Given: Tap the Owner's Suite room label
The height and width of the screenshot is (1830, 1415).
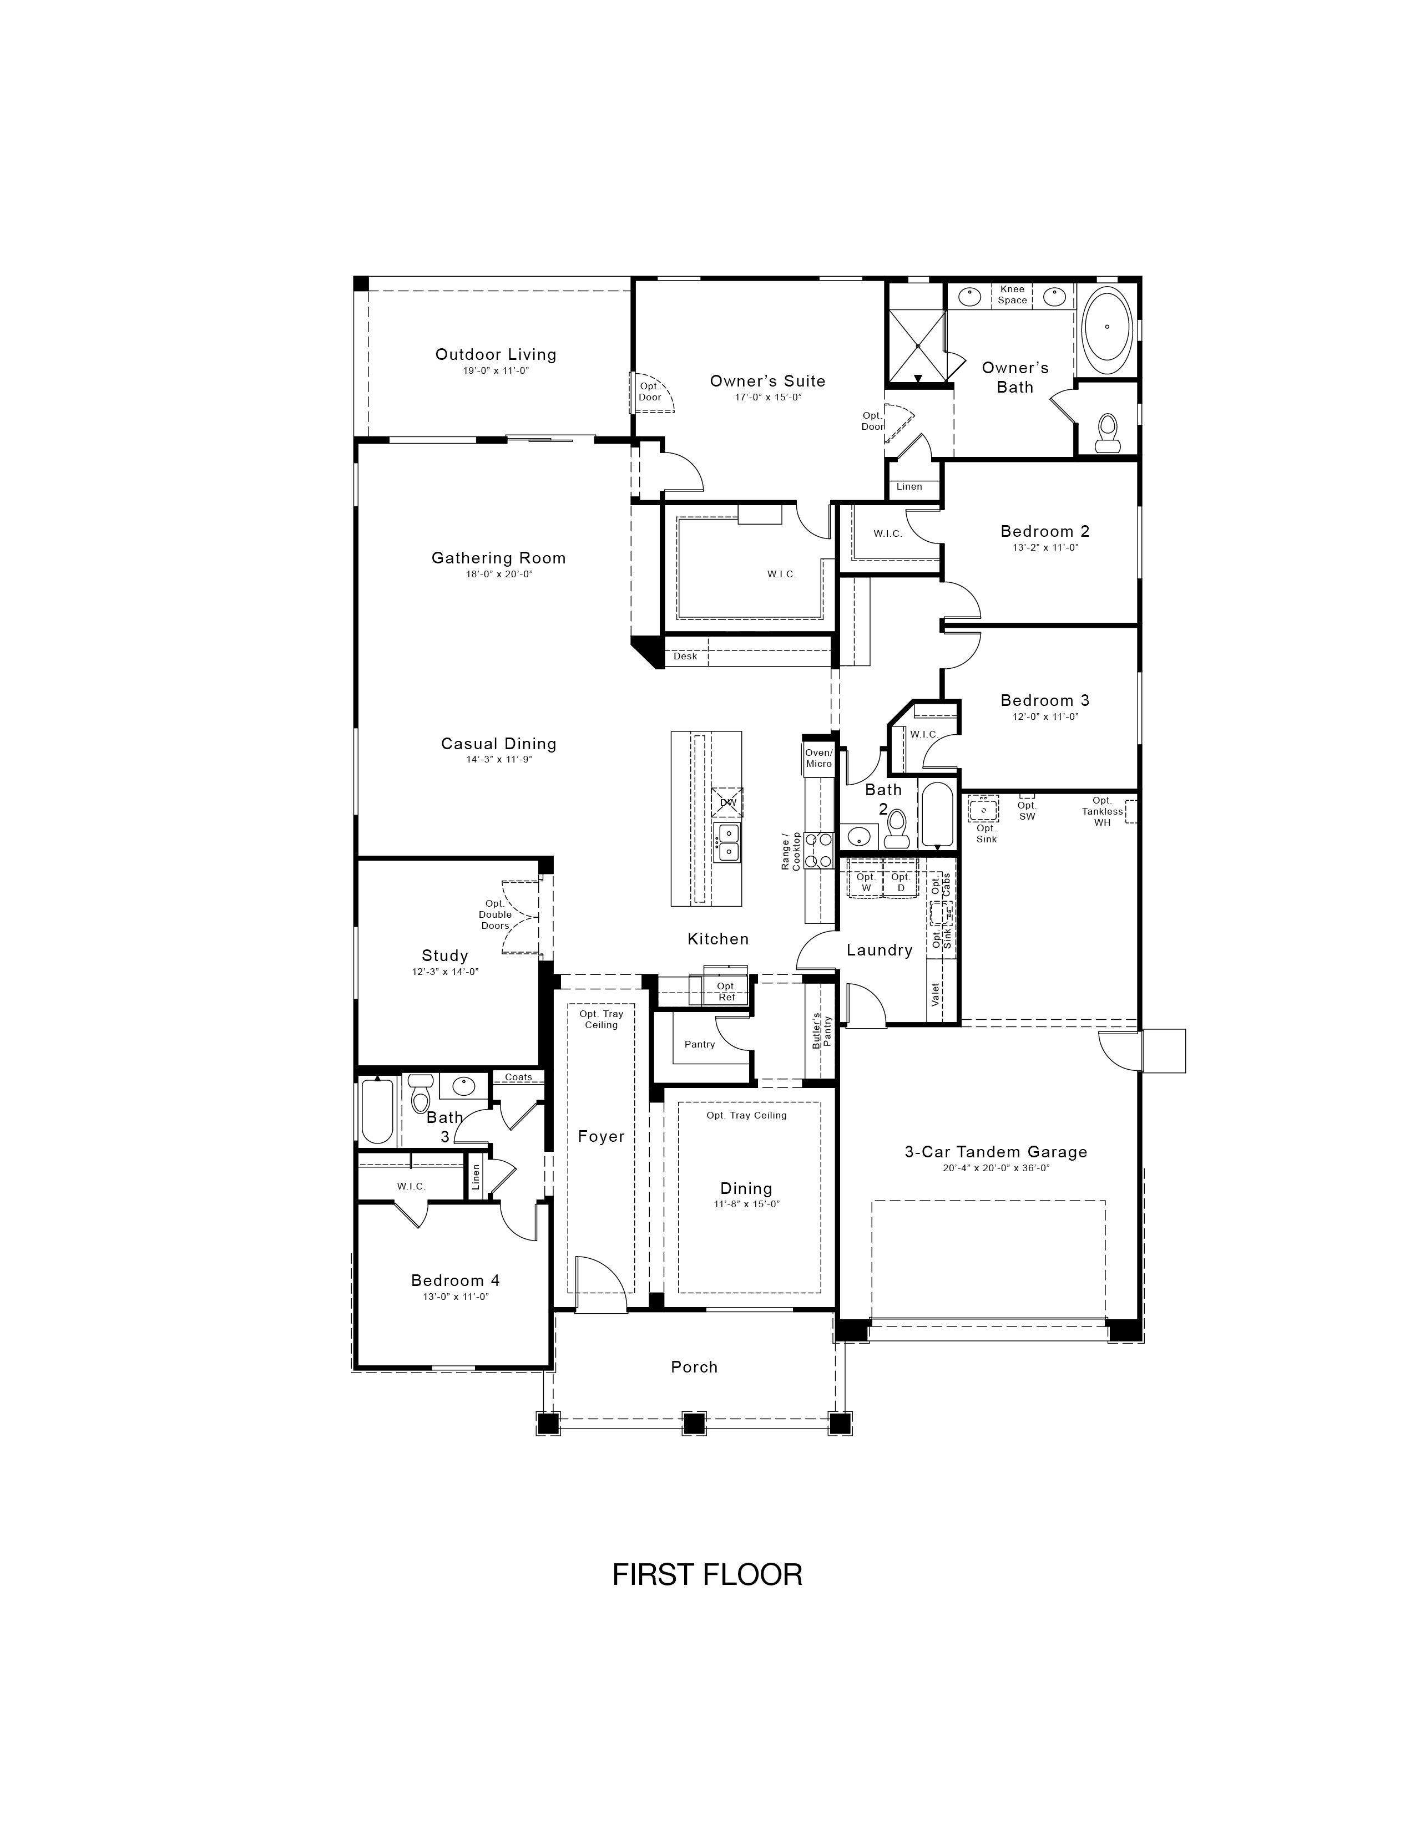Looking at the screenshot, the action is pyautogui.click(x=768, y=382).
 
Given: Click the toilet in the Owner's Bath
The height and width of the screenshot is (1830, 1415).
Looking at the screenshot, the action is pyautogui.click(x=1108, y=433).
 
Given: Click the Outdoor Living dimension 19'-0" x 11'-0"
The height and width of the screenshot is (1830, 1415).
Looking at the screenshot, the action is pyautogui.click(x=496, y=370).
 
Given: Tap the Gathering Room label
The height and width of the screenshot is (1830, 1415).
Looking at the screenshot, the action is pyautogui.click(x=499, y=558).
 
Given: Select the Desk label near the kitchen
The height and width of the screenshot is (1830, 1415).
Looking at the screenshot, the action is pyautogui.click(x=686, y=656).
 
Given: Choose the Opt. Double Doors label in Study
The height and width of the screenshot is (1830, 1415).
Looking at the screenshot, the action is pyautogui.click(x=496, y=914).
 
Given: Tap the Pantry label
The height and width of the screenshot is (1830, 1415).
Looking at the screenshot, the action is pyautogui.click(x=700, y=1044).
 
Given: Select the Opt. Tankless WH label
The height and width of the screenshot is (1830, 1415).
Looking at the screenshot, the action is pyautogui.click(x=1103, y=812).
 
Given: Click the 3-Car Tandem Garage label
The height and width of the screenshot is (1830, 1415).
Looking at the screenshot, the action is pyautogui.click(x=996, y=1152).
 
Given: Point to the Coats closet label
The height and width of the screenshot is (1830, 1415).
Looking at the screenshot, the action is pyautogui.click(x=518, y=1077).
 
